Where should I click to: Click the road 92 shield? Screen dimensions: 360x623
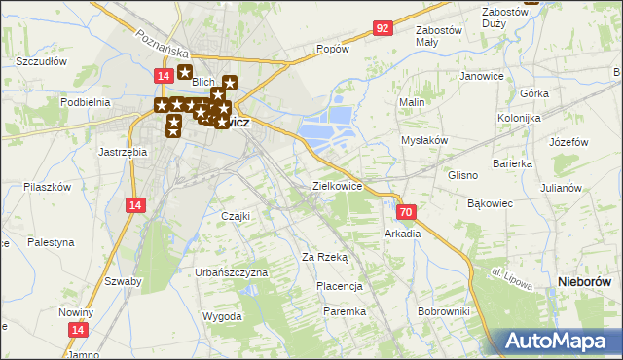tap(382, 29)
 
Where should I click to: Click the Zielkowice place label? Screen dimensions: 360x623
tap(337, 185)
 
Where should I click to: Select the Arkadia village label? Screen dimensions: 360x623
tap(403, 234)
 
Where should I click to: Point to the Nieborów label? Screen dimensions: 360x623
tap(583, 281)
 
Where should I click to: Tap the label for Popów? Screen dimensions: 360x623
tap(333, 49)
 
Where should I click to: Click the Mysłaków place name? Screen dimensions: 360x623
tap(424, 140)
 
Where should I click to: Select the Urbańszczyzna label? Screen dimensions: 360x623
tap(231, 273)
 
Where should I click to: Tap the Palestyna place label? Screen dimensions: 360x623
tap(51, 241)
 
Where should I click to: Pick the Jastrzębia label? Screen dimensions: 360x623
tap(124, 152)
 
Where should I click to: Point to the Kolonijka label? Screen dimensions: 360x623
tap(519, 118)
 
